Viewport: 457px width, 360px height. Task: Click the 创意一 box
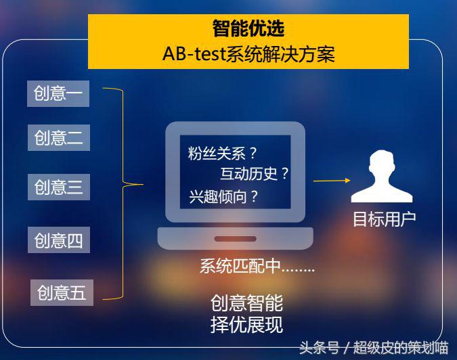click(x=58, y=94)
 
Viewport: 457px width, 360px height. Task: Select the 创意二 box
click(x=58, y=138)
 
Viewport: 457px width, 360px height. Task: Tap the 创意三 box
click(x=58, y=187)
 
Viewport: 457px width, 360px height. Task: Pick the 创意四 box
click(x=58, y=240)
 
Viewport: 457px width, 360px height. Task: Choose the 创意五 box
click(x=61, y=292)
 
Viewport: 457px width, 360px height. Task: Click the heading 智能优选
click(x=248, y=28)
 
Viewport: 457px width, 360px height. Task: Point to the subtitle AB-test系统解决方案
click(x=248, y=53)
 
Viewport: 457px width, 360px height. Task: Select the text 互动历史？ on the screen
click(x=255, y=174)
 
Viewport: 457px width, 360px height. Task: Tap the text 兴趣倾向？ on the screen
click(x=224, y=196)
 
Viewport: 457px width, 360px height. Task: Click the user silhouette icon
click(x=381, y=177)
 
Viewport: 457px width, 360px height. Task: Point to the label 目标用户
click(x=384, y=219)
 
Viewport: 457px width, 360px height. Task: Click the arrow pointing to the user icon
click(x=332, y=181)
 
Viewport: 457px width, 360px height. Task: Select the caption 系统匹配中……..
click(x=257, y=266)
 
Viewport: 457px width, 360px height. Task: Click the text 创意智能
click(x=246, y=302)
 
